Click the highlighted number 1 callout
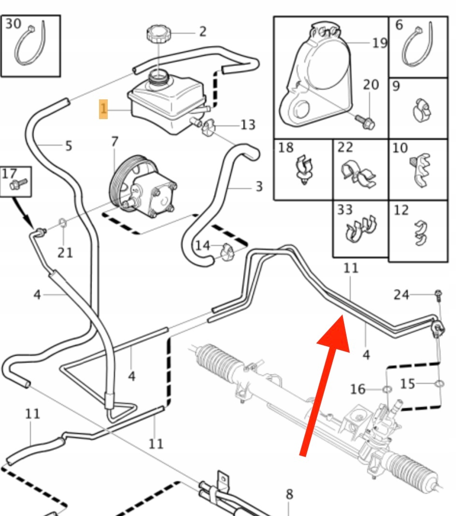(103, 109)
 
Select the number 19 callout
(380, 43)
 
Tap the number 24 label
(401, 295)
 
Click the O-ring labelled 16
(387, 389)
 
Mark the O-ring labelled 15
(439, 384)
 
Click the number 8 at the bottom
(288, 494)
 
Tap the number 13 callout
(247, 125)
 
